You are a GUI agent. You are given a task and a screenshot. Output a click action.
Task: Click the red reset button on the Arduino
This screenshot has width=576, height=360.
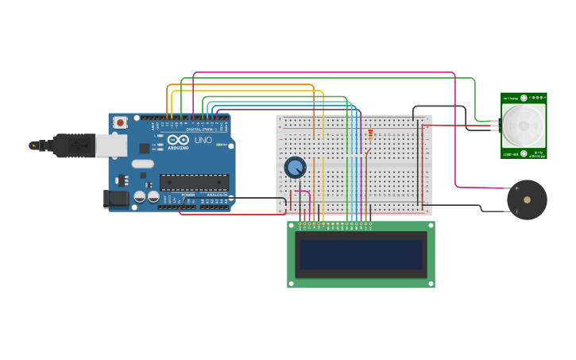click(120, 122)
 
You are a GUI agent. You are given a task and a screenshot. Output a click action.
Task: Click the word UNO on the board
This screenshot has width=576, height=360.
click(203, 141)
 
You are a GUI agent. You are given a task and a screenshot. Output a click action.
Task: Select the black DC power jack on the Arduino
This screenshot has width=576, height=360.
click(115, 199)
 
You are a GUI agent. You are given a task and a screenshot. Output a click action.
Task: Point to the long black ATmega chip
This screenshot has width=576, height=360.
click(194, 182)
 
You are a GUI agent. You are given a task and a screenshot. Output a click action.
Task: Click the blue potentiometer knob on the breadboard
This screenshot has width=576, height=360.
click(295, 168)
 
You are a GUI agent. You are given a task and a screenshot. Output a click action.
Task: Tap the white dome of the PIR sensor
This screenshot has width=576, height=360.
click(524, 124)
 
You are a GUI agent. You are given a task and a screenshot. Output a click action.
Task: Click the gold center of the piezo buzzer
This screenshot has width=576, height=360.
click(527, 200)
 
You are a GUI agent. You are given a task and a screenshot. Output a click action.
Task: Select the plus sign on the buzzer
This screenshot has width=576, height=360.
click(516, 188)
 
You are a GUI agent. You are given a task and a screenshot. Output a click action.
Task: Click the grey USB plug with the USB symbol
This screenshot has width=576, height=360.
click(79, 145)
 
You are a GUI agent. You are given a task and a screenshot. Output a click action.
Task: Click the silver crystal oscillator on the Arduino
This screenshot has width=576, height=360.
click(142, 164)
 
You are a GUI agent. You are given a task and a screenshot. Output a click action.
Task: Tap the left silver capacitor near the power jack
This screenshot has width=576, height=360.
click(139, 195)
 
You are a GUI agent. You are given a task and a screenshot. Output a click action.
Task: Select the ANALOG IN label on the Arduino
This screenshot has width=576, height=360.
click(216, 195)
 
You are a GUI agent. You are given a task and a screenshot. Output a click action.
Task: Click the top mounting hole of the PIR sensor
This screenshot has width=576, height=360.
click(524, 98)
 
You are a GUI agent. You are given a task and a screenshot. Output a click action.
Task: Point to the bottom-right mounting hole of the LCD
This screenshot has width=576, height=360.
click(430, 283)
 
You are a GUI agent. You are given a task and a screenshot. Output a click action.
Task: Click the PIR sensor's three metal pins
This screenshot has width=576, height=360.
click(495, 126)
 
